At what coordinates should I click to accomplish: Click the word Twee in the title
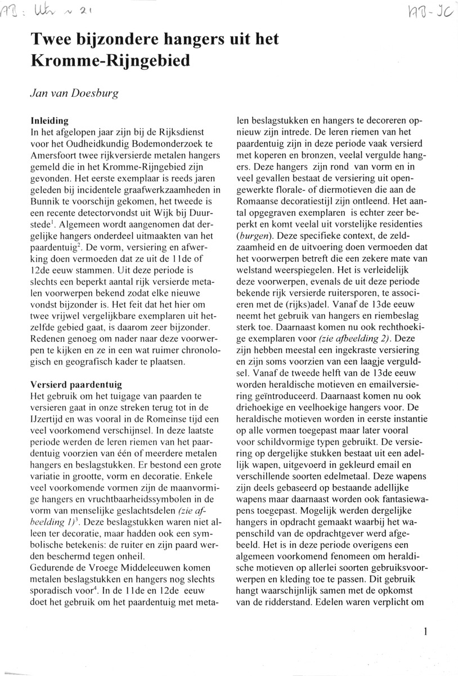click(x=52, y=39)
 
